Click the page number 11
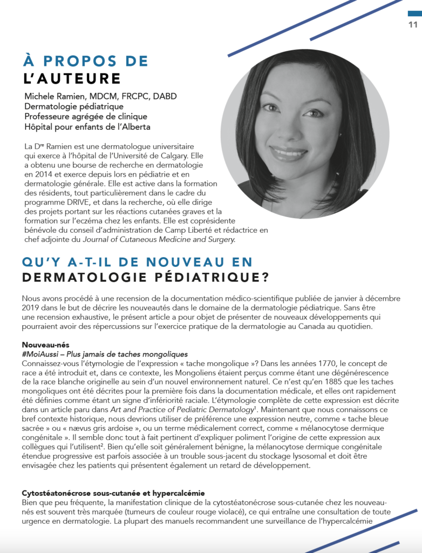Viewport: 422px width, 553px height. (413, 25)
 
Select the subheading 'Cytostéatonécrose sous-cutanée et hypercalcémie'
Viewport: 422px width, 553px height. (113, 493)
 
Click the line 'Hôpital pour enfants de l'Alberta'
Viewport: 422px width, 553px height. (87, 127)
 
